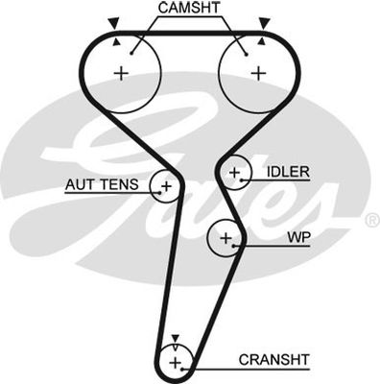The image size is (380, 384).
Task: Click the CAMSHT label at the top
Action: tap(189, 8)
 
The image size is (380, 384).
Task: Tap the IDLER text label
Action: tap(288, 172)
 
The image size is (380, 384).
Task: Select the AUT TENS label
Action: tap(102, 184)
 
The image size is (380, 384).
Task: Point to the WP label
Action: tap(298, 237)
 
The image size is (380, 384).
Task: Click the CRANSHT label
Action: tap(274, 360)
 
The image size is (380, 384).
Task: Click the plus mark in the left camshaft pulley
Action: tap(121, 74)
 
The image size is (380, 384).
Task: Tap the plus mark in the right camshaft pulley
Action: tap(258, 74)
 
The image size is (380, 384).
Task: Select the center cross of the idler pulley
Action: tap(235, 173)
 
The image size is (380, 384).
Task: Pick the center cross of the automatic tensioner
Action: tap(166, 186)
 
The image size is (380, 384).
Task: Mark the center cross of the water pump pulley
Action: tap(226, 238)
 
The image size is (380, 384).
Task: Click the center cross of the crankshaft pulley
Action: tap(175, 363)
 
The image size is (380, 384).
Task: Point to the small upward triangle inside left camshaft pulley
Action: tap(117, 41)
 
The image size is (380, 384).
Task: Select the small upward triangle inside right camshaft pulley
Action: tap(262, 41)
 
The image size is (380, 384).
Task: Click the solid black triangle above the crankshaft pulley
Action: tap(176, 338)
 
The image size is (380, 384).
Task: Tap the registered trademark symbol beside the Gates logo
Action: tap(372, 220)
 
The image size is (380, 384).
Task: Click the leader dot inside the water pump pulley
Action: tap(234, 246)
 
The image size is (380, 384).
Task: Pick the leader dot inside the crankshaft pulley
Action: tap(182, 369)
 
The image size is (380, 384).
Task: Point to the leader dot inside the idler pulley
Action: tap(242, 180)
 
